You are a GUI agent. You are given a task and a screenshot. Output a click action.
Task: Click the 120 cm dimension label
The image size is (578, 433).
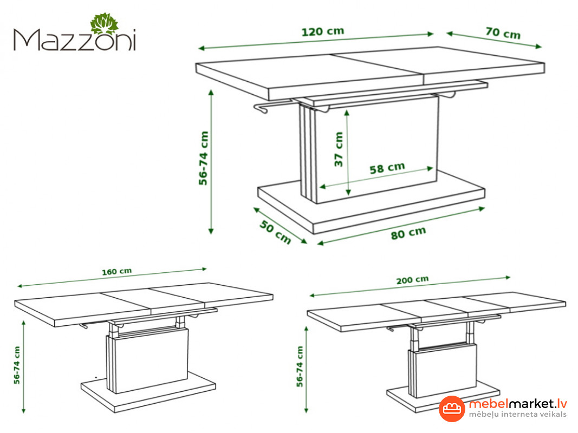323,32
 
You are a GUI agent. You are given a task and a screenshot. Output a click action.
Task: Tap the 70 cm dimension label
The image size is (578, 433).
503,33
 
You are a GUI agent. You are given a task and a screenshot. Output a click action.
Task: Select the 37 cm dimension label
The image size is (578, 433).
339,149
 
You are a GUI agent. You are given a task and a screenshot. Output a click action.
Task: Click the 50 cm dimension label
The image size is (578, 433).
275,232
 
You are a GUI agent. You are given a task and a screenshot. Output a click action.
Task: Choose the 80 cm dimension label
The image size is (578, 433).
408,233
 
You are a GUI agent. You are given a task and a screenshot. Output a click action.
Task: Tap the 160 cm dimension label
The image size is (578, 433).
116,271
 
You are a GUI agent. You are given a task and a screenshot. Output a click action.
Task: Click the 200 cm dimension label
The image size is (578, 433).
412,280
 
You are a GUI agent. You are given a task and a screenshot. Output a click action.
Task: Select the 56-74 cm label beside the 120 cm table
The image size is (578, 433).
203,158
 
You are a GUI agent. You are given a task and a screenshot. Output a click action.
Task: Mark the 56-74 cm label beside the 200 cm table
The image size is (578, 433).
300,366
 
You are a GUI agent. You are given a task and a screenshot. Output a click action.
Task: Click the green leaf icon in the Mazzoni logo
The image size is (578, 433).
105,24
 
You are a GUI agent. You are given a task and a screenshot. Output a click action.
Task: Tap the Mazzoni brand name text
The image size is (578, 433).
75,40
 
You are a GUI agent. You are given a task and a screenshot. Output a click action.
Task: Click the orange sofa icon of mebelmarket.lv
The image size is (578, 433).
452,409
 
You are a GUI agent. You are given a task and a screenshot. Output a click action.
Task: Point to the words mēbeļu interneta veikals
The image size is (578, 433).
517,415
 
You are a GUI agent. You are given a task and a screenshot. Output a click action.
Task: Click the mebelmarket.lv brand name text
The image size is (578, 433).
517,404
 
